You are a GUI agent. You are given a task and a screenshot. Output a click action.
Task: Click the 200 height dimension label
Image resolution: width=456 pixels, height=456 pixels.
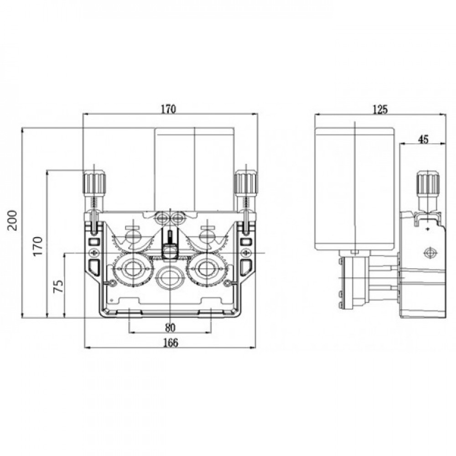[13, 220]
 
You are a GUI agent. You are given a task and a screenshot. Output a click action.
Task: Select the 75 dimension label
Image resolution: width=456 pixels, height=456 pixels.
[58, 286]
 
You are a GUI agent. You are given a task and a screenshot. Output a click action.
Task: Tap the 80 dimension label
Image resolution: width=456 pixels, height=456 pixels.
[170, 327]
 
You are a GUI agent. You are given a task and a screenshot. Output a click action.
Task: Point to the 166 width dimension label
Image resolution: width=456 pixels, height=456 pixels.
[171, 342]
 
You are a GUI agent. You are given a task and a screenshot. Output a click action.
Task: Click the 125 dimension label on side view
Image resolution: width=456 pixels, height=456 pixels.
[380, 109]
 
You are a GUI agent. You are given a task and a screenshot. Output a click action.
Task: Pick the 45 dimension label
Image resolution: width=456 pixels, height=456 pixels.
[423, 140]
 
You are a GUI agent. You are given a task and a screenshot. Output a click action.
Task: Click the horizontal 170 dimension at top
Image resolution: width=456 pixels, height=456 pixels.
[169, 109]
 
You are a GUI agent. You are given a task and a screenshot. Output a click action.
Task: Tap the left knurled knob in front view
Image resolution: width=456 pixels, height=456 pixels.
[94, 183]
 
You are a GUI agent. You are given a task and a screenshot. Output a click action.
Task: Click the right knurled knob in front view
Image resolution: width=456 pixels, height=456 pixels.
[246, 183]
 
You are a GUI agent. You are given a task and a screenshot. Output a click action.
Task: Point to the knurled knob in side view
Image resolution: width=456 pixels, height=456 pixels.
[427, 183]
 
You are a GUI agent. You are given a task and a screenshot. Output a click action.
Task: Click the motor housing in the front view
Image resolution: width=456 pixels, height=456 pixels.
[194, 169]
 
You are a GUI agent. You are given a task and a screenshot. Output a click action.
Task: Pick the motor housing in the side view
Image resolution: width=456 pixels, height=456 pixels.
[355, 189]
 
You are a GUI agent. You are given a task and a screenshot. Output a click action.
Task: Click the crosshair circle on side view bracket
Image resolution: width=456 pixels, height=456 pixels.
[429, 253]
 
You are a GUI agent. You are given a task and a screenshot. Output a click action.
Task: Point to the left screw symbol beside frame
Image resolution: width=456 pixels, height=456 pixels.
[94, 253]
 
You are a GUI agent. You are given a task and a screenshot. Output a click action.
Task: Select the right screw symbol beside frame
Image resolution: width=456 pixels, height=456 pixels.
[247, 253]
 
